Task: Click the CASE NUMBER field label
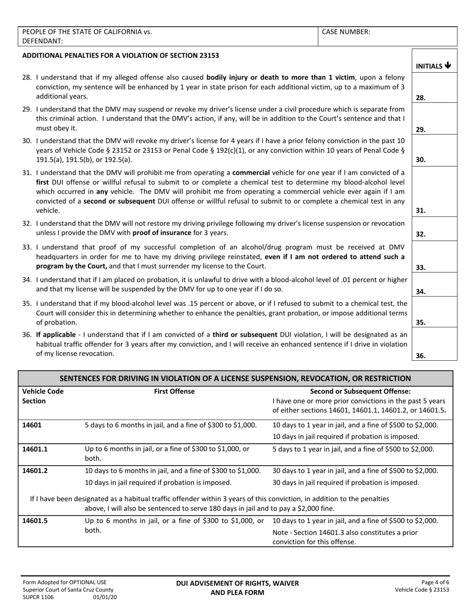pyautogui.click(x=346, y=32)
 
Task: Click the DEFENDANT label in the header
pyautogui.click(x=43, y=41)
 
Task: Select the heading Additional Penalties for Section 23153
pyautogui.click(x=120, y=55)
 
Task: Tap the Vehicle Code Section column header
pyautogui.click(x=43, y=396)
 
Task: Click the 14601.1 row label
pyautogui.click(x=37, y=449)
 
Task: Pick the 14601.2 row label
pyautogui.click(x=37, y=471)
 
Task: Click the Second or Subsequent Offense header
pyautogui.click(x=360, y=392)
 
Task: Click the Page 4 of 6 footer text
pyautogui.click(x=435, y=582)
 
